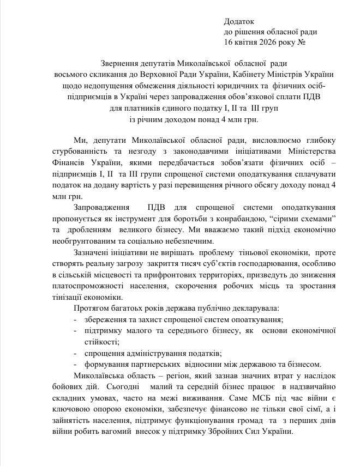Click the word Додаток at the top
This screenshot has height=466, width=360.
click(239, 22)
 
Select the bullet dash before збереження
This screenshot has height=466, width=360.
click(75, 320)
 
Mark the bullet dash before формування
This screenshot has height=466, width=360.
click(75, 365)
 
